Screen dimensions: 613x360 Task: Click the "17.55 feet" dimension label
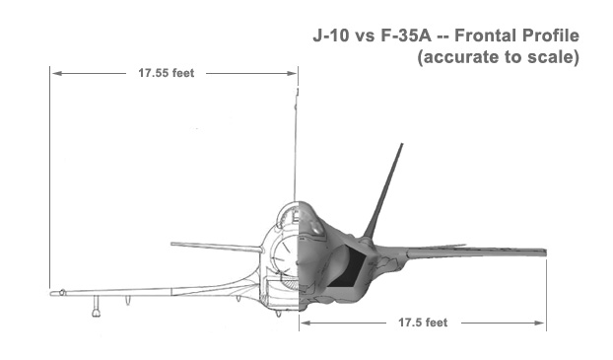[167, 73]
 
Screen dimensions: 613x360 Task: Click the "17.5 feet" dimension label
[423, 323]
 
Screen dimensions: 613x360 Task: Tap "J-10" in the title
[330, 36]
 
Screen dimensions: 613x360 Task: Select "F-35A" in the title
[406, 36]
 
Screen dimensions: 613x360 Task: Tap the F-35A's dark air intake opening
[348, 268]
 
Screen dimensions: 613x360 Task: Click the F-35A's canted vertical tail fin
[382, 191]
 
